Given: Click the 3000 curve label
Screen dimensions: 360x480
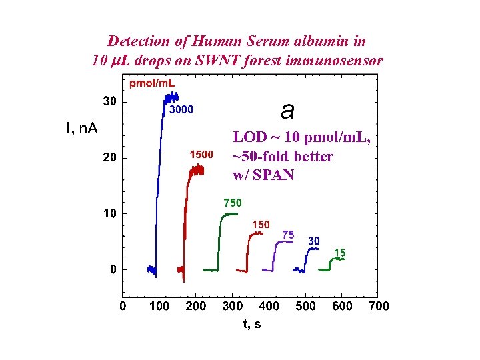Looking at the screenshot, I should click(x=181, y=109).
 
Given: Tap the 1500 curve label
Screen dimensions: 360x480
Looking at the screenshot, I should click(x=201, y=155).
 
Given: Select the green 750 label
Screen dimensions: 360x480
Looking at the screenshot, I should click(x=232, y=203).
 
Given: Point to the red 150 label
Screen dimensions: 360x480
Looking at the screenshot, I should click(x=260, y=225).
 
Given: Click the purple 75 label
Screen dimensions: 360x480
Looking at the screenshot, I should click(x=289, y=235).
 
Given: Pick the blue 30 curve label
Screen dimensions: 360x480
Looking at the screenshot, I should click(x=314, y=241).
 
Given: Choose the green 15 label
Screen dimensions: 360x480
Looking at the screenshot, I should click(x=339, y=253).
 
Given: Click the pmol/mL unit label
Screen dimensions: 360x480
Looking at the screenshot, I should click(x=152, y=83).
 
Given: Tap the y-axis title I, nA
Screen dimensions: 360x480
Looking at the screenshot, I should click(x=82, y=128).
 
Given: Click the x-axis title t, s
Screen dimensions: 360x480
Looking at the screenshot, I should click(x=251, y=324).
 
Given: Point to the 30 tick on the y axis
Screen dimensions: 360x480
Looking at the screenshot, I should click(x=109, y=102).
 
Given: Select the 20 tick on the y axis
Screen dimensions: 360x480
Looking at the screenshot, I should click(x=109, y=158).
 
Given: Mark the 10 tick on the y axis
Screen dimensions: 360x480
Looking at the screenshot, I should click(x=109, y=214).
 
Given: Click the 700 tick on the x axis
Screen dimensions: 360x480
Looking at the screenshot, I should click(x=379, y=306).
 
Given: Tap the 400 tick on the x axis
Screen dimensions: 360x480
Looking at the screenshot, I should click(x=269, y=306).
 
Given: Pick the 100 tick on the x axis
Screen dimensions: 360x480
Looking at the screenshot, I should click(x=159, y=306).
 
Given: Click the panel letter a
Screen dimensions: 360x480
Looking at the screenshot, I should click(x=287, y=110).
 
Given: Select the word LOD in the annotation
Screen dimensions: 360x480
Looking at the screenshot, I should click(x=247, y=138).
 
